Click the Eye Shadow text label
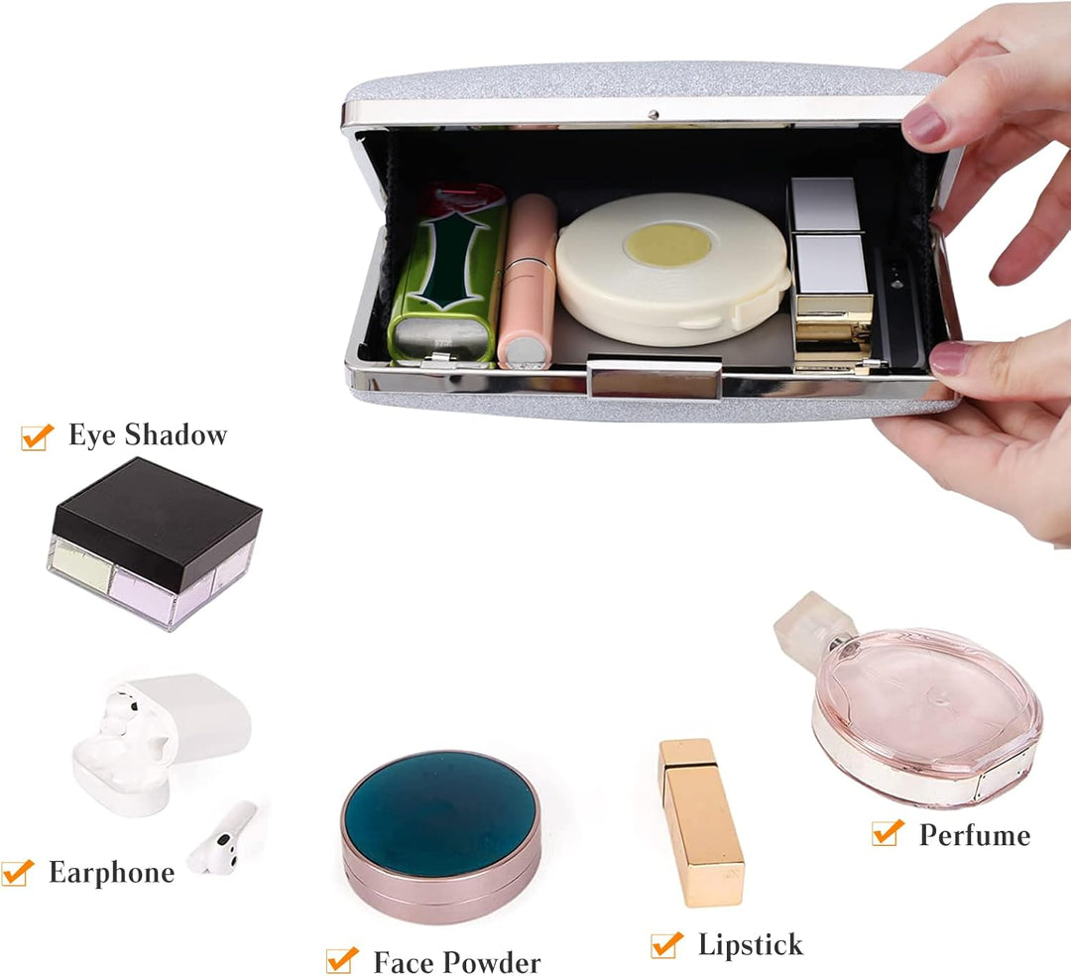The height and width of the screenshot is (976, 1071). pos(148,435)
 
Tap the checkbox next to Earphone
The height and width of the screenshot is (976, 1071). pos(17,872)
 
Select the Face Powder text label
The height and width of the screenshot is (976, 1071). pos(457,962)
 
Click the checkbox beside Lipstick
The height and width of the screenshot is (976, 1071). pos(666,944)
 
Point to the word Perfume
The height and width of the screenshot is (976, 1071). pos(975,834)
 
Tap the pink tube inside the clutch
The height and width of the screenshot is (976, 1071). pos(527,282)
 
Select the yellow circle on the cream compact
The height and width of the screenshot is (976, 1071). pos(668,244)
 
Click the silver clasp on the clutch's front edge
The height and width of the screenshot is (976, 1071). pos(654,377)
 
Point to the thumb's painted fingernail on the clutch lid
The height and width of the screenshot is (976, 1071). pos(924,125)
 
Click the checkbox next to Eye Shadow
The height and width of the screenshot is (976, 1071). pos(37,437)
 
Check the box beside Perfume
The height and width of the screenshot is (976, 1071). pos(888,832)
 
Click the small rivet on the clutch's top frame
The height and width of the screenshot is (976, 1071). pos(653,115)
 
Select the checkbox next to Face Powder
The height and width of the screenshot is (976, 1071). pos(342,959)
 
